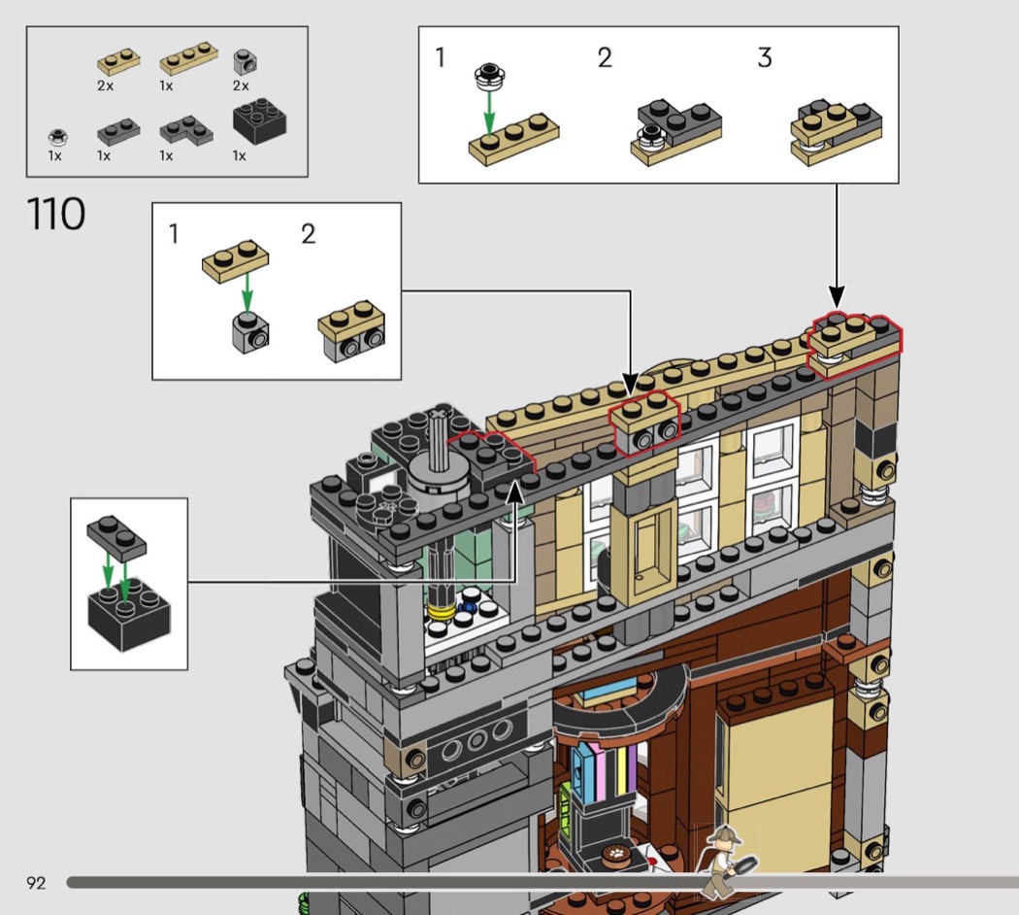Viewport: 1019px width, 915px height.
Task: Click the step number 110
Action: (56, 214)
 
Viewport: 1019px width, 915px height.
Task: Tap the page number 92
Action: (36, 883)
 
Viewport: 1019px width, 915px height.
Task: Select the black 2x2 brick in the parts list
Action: (259, 121)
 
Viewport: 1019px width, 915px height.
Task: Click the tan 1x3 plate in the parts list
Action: (188, 58)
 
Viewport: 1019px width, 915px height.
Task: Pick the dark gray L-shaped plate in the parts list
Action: (186, 130)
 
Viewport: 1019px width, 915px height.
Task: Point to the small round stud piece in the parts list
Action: (58, 137)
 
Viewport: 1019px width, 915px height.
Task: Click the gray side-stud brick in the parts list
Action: (245, 62)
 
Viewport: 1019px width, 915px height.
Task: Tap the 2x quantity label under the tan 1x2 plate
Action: (105, 85)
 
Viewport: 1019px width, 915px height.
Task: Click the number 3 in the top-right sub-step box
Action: (765, 58)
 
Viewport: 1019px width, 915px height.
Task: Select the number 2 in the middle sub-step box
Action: (308, 234)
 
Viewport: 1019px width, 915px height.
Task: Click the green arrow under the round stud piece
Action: (489, 113)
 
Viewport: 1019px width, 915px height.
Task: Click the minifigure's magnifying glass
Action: (743, 865)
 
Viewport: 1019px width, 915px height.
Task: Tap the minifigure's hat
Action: (722, 834)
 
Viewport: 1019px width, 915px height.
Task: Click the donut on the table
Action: (613, 853)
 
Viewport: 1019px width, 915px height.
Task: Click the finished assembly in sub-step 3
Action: (836, 131)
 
